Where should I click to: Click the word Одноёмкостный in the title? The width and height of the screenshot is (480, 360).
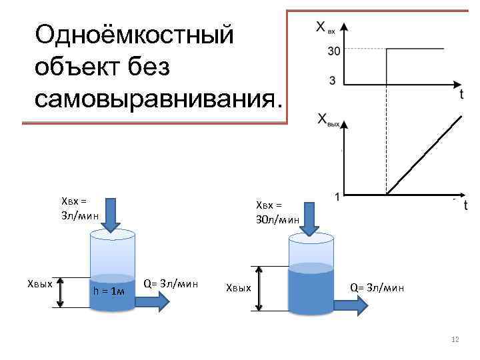[134, 33]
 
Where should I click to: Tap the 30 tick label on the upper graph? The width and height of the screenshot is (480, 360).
[333, 49]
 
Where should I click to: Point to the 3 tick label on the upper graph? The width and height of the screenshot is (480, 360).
[333, 81]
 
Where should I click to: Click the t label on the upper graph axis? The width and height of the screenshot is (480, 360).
[461, 95]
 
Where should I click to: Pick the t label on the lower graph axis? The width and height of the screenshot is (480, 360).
[465, 205]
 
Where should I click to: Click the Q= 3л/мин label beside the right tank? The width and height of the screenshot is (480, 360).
[377, 288]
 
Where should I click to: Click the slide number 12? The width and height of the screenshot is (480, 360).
[455, 340]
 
